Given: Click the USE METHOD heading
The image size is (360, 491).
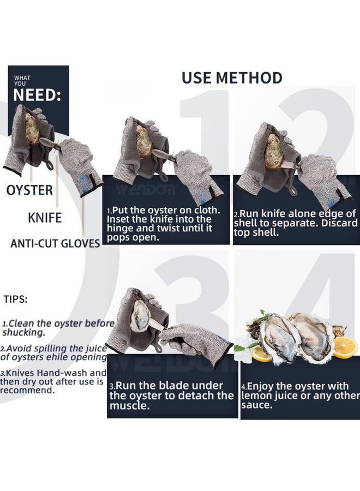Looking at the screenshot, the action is coord(232,77).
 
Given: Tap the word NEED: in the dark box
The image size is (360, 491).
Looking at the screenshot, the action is coord(37,95).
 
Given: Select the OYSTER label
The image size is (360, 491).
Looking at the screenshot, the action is coord(29,190).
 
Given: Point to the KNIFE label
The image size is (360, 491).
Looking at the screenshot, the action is coord(45,218).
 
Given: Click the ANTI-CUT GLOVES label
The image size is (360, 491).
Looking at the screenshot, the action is coord(55,244).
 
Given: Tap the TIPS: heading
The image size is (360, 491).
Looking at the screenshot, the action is coord(16,299).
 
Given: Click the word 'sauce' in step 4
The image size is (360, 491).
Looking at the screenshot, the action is coord(255,405).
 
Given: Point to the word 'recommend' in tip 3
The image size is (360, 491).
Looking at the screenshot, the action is coord(26,390).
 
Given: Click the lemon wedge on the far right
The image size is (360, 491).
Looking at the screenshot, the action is coord(345,347).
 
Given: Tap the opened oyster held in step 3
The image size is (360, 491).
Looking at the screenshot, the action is coord(140,315).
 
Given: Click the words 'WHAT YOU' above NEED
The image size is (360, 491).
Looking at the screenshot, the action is coord(22,81).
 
